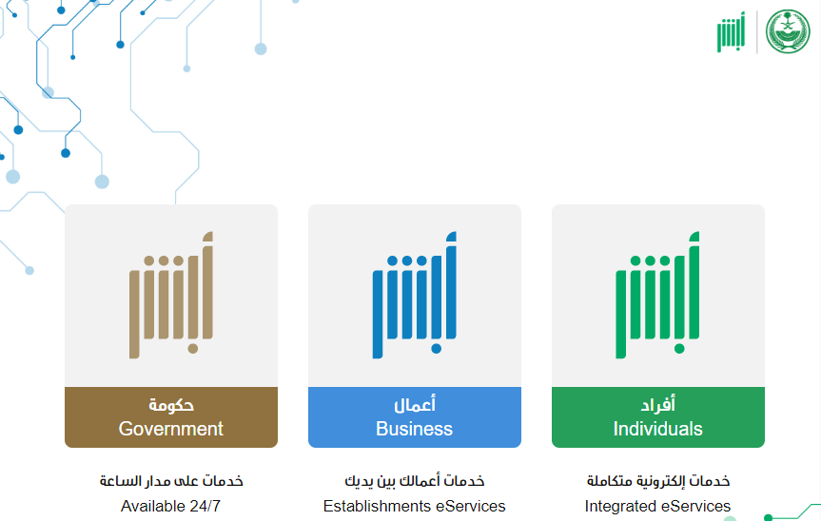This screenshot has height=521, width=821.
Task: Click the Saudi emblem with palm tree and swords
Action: [x=788, y=31]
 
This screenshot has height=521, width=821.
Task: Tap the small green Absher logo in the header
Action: [x=731, y=32]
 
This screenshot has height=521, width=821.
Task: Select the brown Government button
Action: [x=171, y=417]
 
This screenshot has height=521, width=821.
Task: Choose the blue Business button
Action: [x=415, y=417]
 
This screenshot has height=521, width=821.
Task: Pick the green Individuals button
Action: [x=658, y=417]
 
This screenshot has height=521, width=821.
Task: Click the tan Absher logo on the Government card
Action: [x=171, y=295]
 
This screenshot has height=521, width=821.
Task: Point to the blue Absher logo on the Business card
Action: [x=415, y=295]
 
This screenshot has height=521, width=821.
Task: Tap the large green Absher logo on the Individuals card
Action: [x=657, y=295]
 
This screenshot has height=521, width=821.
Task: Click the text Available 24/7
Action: [x=170, y=506]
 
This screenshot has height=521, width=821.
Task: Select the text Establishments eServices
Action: [x=414, y=506]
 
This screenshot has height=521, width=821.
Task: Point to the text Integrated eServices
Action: [x=657, y=506]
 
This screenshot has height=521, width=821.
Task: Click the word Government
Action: [x=170, y=429]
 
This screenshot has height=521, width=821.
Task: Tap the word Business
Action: [x=414, y=429]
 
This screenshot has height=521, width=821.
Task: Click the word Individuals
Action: [x=657, y=429]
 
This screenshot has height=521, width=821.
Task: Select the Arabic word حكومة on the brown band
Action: [x=171, y=405]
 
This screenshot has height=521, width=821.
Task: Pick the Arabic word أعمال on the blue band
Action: [x=415, y=404]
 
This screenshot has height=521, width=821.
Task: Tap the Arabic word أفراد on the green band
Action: [x=658, y=404]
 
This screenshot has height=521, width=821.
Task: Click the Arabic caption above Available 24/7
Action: [x=171, y=481]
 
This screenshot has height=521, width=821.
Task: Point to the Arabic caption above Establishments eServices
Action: [x=415, y=481]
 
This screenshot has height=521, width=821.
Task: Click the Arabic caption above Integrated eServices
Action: [x=658, y=481]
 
